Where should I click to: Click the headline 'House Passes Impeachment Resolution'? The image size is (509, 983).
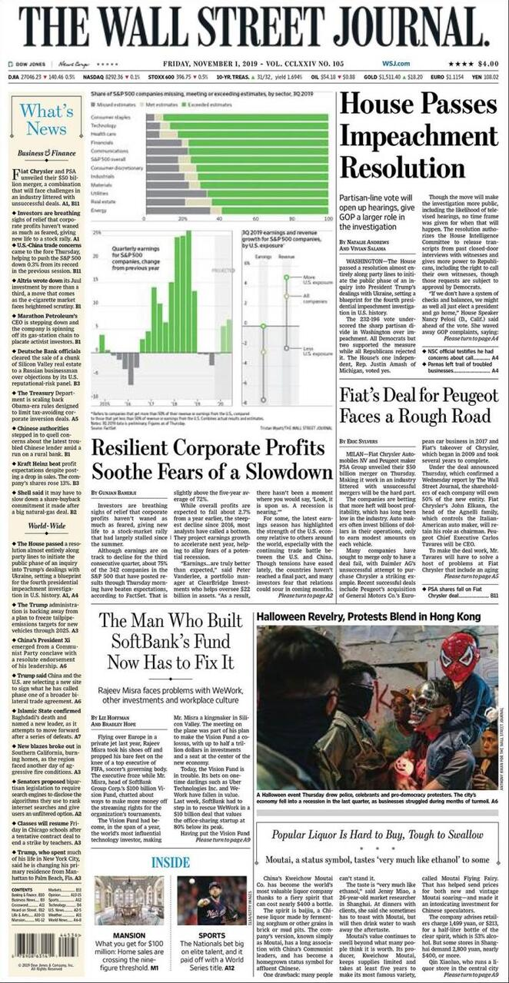(x=418, y=136)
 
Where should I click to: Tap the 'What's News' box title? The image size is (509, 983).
(x=47, y=120)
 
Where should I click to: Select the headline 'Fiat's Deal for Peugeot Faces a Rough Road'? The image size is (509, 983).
(x=419, y=405)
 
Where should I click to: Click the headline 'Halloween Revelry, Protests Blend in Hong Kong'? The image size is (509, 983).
(x=368, y=617)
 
